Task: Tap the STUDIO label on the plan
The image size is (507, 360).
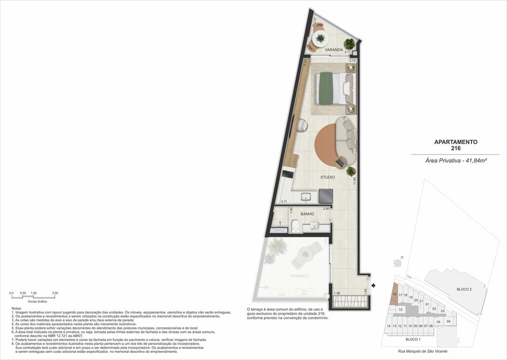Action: (328, 177)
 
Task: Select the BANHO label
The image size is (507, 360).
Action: (307, 214)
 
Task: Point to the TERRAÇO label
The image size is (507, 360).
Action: (299, 276)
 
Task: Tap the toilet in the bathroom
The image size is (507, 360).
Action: (295, 226)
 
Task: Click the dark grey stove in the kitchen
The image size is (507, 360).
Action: (325, 195)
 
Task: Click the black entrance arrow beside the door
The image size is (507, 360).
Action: (374, 285)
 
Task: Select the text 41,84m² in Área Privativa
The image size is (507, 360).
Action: (474, 161)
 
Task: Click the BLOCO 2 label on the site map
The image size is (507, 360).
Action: (464, 289)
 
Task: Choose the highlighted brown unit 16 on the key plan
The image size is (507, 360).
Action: (395, 295)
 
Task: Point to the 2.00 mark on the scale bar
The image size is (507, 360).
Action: (55, 293)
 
